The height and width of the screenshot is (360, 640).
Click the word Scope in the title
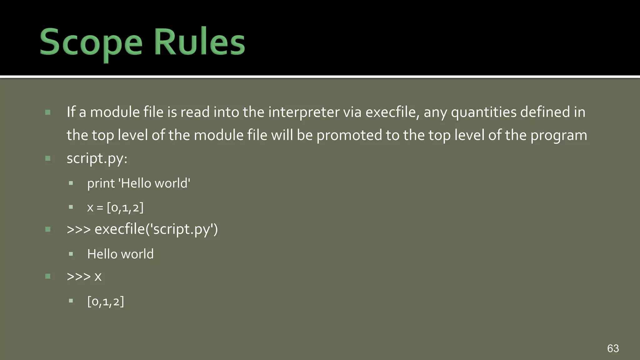pos(91,42)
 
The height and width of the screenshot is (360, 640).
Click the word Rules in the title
pos(199,42)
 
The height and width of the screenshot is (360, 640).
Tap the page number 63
pos(613,348)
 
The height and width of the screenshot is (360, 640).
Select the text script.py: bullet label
pos(97,158)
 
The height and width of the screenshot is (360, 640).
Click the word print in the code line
pos(101,183)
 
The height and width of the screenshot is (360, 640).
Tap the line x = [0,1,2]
pos(115,207)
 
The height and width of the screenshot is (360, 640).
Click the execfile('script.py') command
pos(156,229)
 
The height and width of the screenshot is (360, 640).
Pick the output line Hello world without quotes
pos(120,254)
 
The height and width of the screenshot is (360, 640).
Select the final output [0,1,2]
pos(106,302)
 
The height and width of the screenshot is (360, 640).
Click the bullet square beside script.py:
pos(48,158)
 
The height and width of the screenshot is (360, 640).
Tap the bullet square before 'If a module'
pos(48,112)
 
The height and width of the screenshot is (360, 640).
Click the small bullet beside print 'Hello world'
pos(71,183)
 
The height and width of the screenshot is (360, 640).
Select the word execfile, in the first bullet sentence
pos(392,112)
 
